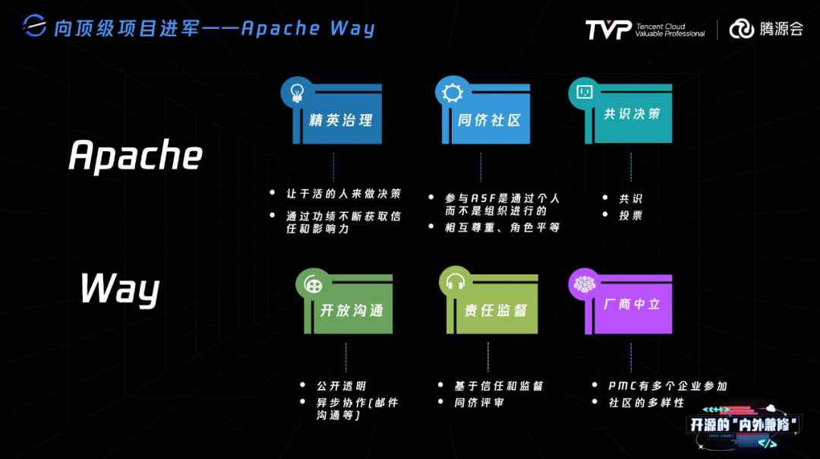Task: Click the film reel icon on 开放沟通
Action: (312, 284)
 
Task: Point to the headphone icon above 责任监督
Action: (456, 283)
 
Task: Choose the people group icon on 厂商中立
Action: (584, 284)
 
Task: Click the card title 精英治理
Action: (341, 121)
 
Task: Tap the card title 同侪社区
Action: (490, 121)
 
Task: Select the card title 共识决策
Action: (632, 114)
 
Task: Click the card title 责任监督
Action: (496, 311)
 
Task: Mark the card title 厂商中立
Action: (632, 304)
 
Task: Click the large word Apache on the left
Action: (135, 156)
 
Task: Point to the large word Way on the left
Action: (120, 289)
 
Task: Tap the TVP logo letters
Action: (607, 30)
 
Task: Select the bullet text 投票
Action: (630, 215)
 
